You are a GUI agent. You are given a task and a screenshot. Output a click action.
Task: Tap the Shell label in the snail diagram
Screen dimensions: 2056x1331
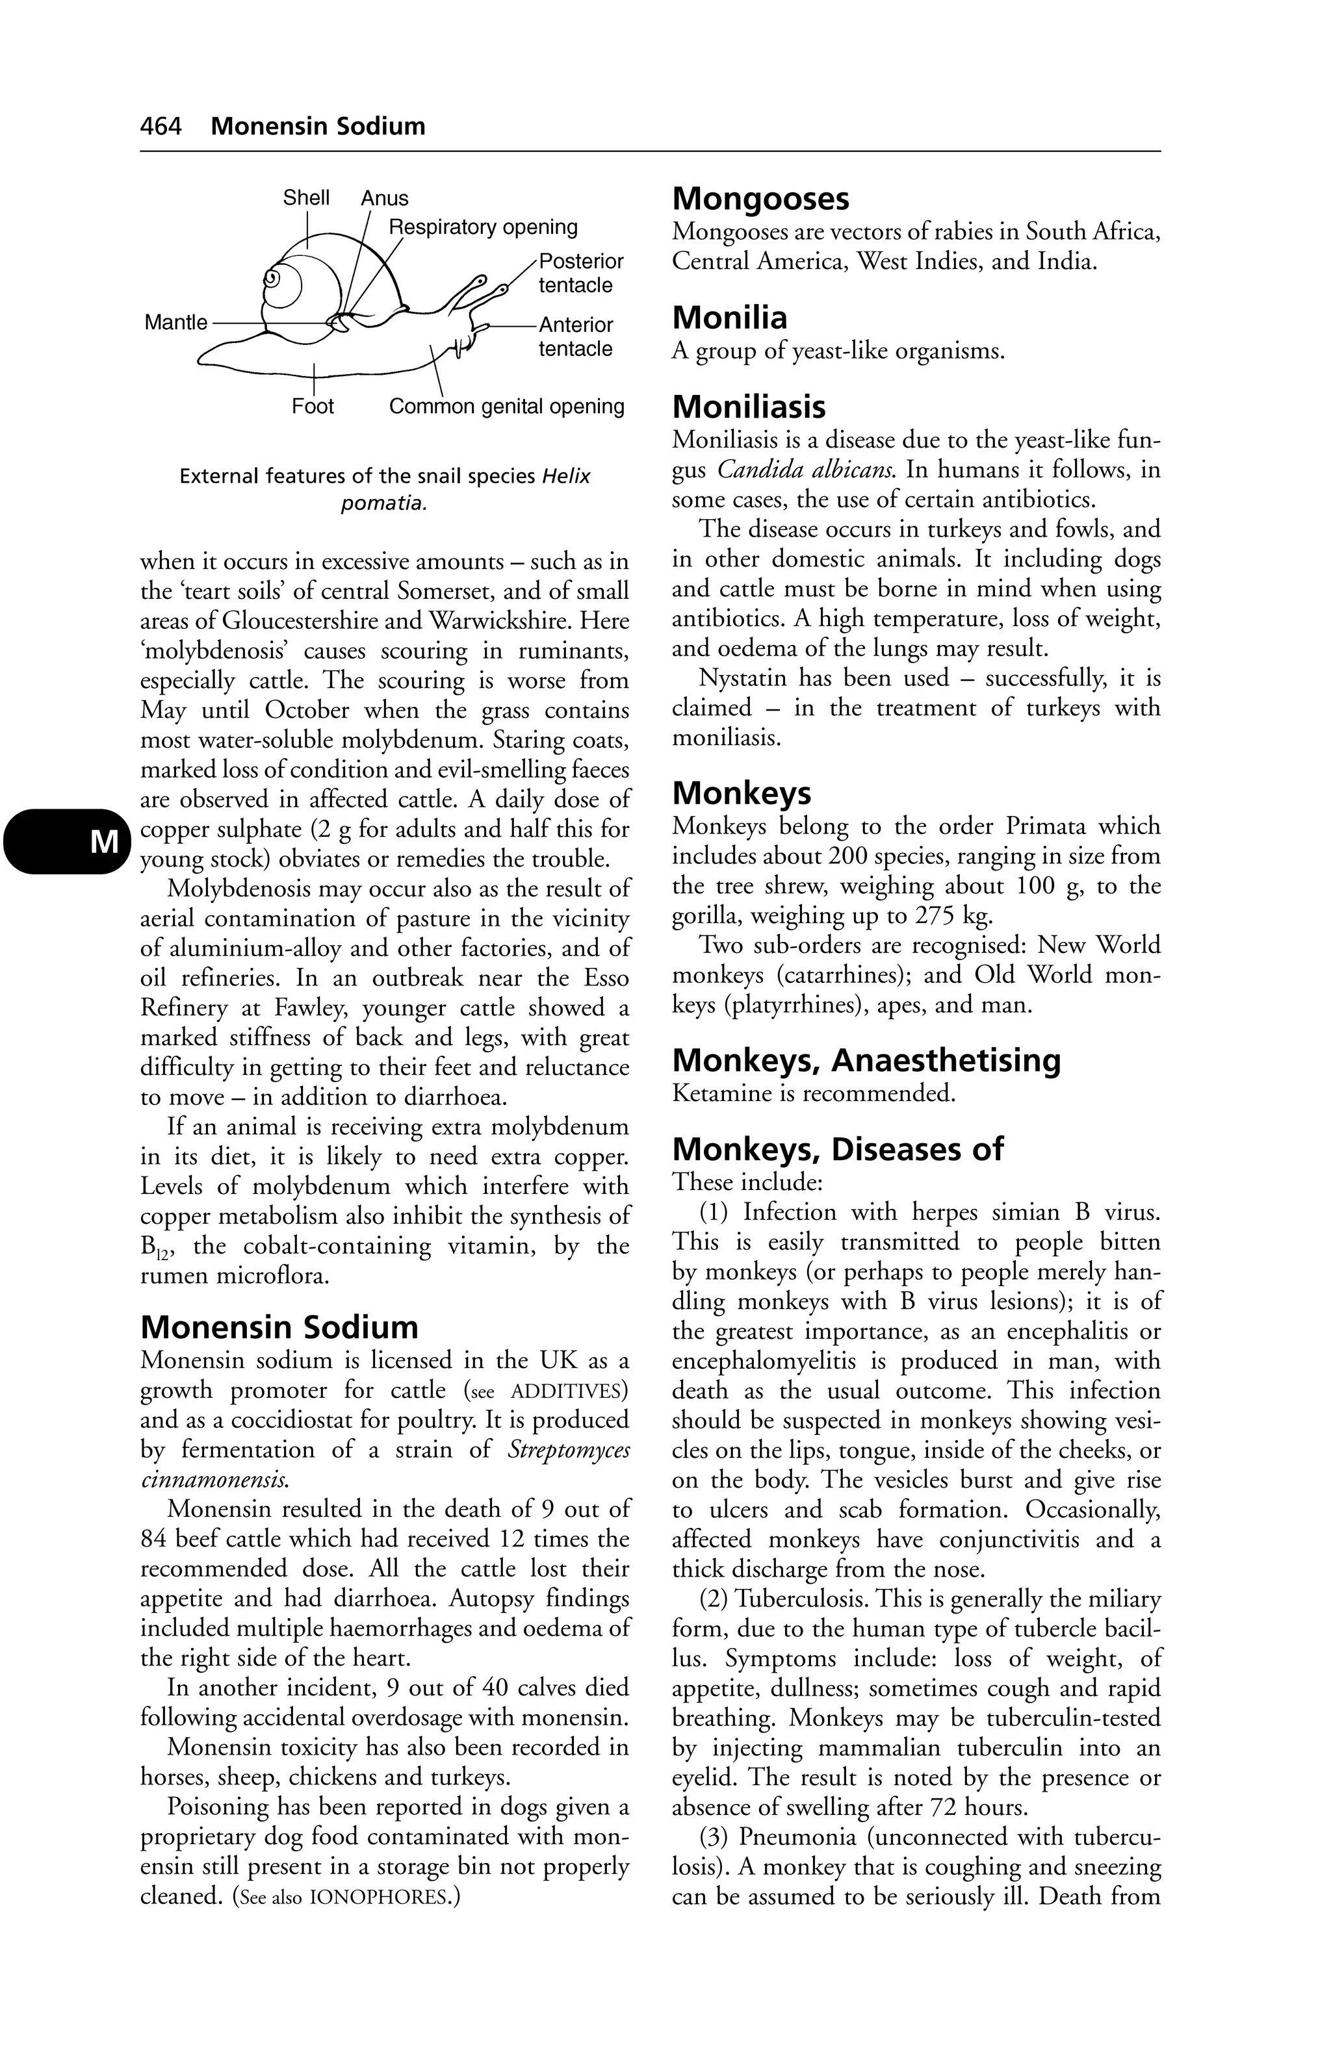coord(306,198)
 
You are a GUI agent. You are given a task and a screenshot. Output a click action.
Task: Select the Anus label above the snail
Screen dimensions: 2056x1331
coord(385,198)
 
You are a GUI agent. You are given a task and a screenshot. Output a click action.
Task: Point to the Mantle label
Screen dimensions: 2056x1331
coord(176,322)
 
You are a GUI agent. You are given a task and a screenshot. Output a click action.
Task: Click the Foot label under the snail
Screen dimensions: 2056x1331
coord(312,406)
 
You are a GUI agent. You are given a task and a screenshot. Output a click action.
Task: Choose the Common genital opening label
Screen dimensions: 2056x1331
coord(506,406)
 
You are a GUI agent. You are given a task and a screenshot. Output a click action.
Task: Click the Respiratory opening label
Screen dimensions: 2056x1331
coord(482,227)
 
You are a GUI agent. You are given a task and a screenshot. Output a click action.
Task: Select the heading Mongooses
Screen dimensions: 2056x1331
coord(760,199)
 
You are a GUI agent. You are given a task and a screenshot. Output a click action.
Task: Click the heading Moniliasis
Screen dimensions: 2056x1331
coord(749,407)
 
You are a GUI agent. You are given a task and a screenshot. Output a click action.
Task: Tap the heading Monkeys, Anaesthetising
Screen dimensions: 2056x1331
coord(866,1060)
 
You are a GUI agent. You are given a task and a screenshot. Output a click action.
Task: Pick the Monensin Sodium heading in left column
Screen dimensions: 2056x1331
coord(279,1327)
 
